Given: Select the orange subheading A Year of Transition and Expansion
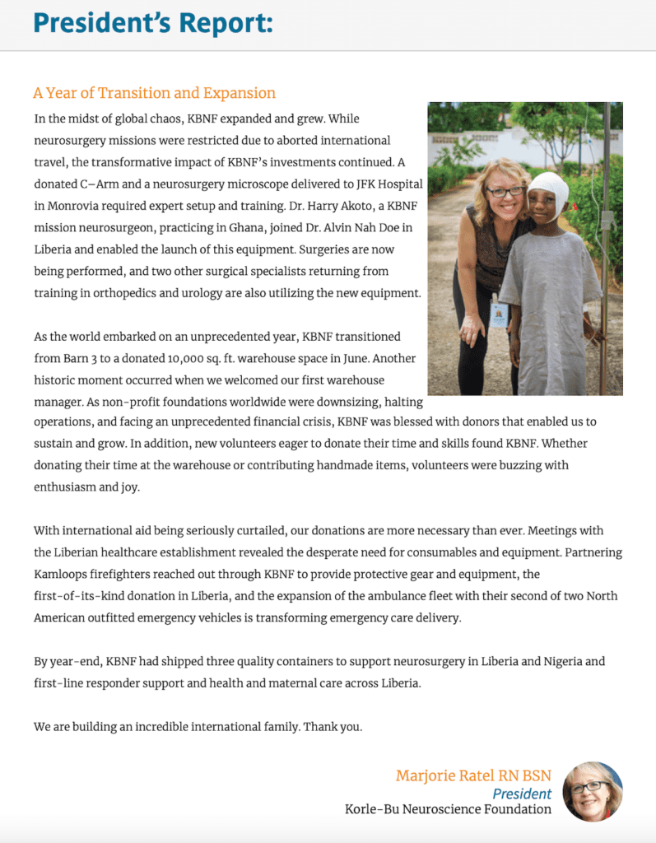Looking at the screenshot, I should [154, 93].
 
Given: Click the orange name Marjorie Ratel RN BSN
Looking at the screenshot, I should [473, 775].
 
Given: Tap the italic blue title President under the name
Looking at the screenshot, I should [522, 794].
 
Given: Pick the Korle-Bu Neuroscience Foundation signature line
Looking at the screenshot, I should [448, 809].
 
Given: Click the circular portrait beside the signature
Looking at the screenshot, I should [593, 791].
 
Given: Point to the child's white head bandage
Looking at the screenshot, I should [551, 193].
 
